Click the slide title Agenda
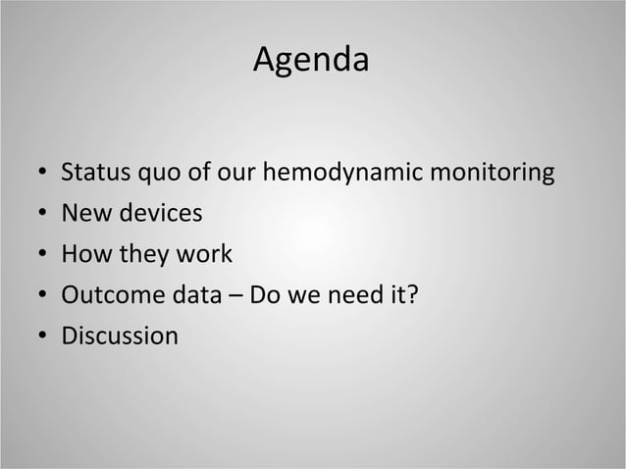pos(311,61)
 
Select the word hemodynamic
pos(349,174)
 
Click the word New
pos(84,214)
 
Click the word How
pos(85,254)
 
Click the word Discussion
pos(120,337)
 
